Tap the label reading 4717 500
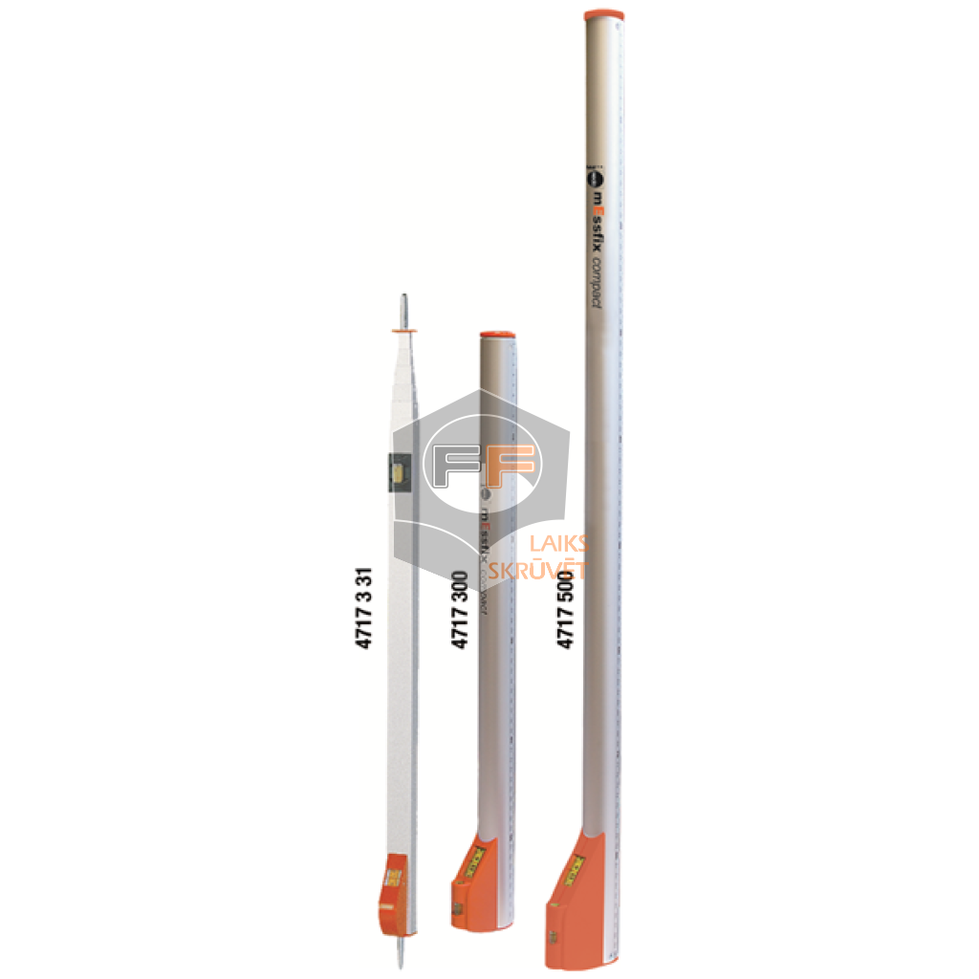tap(565, 609)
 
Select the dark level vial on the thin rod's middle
tap(400, 471)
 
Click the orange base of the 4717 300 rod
tap(472, 884)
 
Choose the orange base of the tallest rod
tap(574, 899)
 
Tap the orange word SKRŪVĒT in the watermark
tap(537, 572)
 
